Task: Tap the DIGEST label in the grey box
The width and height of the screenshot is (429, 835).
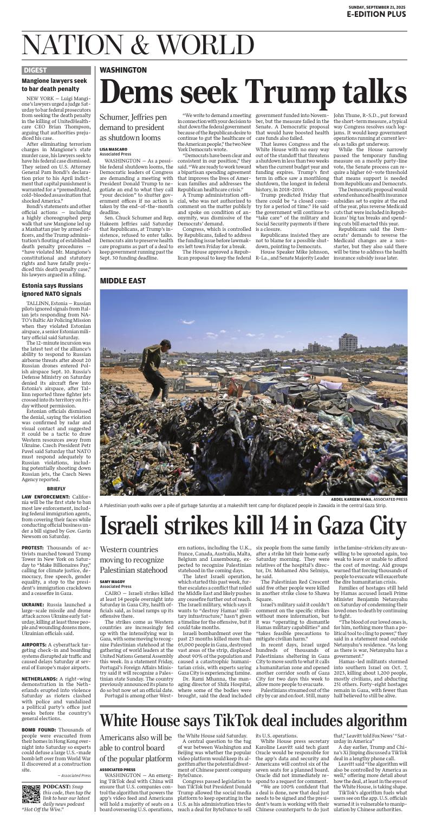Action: (35, 70)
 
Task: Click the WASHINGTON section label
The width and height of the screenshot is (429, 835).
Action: (123, 70)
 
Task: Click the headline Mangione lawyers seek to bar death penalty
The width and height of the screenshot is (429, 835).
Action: (54, 85)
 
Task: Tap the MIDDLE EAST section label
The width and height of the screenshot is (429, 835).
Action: (123, 281)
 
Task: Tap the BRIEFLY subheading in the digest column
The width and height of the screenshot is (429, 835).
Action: (56, 488)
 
